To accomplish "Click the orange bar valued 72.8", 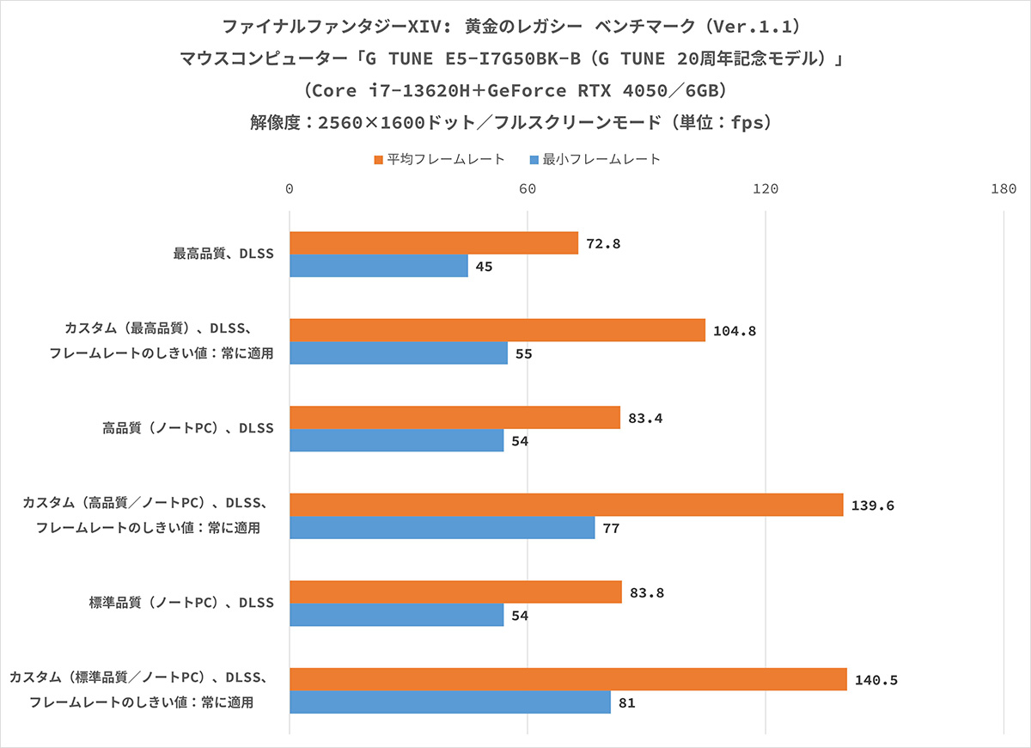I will click(x=434, y=243).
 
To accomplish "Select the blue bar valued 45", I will click(x=379, y=267).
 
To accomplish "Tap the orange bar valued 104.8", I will click(x=497, y=330).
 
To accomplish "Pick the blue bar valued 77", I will click(x=442, y=528).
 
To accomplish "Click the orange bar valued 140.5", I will click(x=568, y=679).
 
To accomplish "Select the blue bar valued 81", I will click(x=450, y=702).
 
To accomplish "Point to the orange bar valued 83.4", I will click(x=454, y=418).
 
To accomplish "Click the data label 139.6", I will click(x=873, y=506).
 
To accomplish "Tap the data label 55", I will click(x=524, y=353).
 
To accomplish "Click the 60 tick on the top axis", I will click(x=528, y=189).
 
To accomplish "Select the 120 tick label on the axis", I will click(x=766, y=189).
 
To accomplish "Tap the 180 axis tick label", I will click(x=1003, y=189).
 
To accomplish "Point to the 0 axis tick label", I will click(x=290, y=189).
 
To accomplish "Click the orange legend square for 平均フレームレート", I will click(x=378, y=159).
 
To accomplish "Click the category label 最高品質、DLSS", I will click(x=223, y=254).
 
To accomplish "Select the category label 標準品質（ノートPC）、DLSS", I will click(x=181, y=603).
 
